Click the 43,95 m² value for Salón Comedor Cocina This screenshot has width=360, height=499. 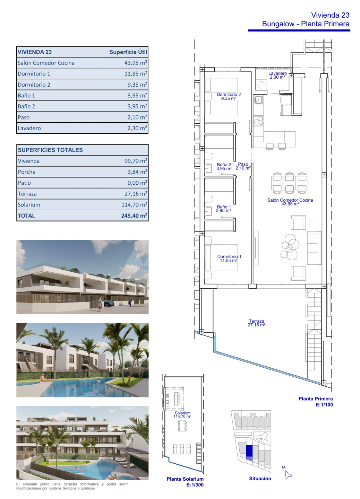(136, 63)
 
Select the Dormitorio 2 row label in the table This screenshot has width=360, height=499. (34, 85)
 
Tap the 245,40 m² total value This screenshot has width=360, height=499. (134, 216)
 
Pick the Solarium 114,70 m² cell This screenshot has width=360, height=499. (134, 205)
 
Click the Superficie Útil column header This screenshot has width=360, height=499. (128, 52)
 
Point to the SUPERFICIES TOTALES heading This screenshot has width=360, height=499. (50, 150)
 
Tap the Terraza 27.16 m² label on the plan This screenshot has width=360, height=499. (256, 323)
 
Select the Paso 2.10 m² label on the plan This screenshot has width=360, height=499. (243, 166)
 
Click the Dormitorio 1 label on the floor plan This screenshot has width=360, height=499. (229, 259)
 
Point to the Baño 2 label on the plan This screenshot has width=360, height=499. (224, 166)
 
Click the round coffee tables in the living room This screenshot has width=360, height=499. (290, 247)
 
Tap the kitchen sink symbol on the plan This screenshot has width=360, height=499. (258, 99)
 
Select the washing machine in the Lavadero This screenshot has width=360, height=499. (260, 85)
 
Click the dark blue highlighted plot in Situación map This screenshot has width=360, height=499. (249, 450)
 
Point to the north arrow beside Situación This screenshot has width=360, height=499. (288, 473)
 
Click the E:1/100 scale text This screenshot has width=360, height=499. (324, 404)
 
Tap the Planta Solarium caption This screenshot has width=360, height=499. (185, 479)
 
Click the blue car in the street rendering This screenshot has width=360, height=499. (109, 303)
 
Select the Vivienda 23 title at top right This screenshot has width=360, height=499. (330, 15)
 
